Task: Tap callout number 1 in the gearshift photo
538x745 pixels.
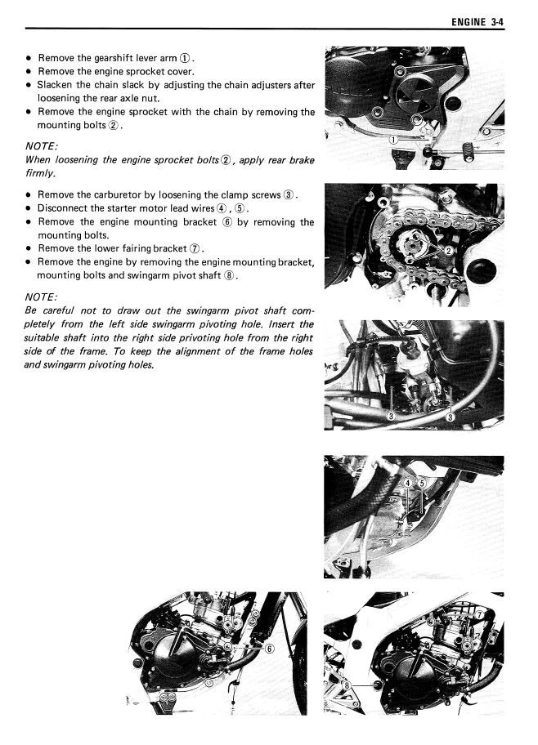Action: pos(393,140)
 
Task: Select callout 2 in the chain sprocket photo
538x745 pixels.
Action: pos(448,249)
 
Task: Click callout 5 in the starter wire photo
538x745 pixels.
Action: pos(422,484)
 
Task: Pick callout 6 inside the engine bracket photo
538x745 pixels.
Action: pos(270,649)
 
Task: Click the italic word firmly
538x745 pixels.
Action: pos(40,173)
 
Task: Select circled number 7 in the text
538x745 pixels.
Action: pos(195,248)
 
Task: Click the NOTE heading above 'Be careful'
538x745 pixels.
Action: pos(40,297)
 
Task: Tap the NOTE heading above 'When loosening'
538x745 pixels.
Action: pos(40,146)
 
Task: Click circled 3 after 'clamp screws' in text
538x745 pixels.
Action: pos(289,195)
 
